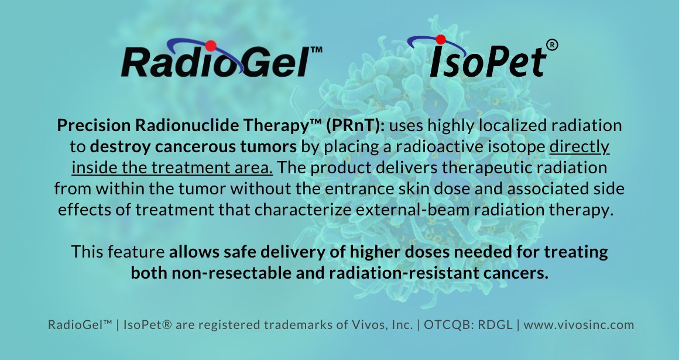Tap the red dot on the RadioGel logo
tap(211, 45)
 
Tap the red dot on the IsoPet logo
tap(441, 40)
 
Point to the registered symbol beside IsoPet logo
tap(551, 45)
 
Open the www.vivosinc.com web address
tap(578, 324)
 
